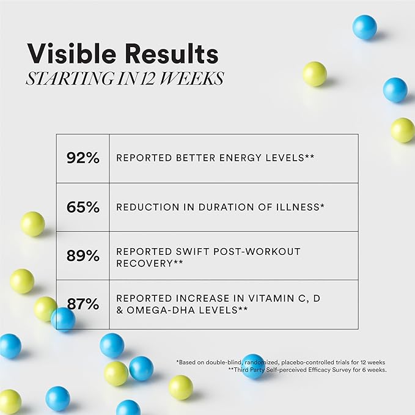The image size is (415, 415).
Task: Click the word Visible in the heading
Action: coord(72,53)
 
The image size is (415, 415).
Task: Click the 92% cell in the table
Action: coord(83,158)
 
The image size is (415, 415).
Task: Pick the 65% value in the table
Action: coord(83,207)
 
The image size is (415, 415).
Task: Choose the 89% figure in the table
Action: coord(83,255)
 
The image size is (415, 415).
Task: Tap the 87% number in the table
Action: coord(83,304)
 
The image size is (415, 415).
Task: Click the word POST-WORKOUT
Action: coord(257,251)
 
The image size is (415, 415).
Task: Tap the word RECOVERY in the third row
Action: coord(144,263)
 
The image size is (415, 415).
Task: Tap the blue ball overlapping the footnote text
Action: coord(254,366)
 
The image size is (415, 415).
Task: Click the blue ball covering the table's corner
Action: coord(63,320)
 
